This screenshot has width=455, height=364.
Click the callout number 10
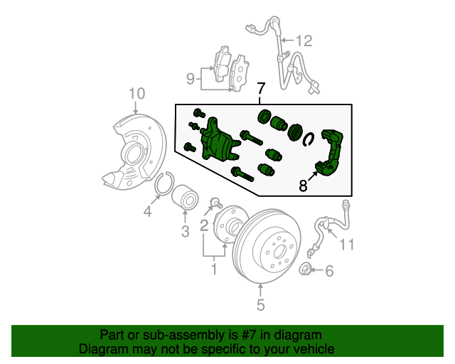(x=136, y=93)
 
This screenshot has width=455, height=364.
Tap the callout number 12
(x=304, y=41)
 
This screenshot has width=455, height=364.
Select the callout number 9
(x=191, y=78)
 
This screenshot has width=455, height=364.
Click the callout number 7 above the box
(x=261, y=90)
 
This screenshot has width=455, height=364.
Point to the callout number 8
(x=303, y=186)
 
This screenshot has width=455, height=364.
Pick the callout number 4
(x=148, y=211)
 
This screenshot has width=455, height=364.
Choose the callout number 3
(x=184, y=231)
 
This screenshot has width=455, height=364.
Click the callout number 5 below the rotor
(x=260, y=305)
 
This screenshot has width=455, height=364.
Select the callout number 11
(x=346, y=245)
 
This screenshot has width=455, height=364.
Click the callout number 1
(x=213, y=269)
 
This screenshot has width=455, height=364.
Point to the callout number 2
(x=204, y=226)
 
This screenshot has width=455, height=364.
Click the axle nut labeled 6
(x=305, y=269)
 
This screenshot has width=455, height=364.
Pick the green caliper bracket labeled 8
(x=333, y=153)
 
